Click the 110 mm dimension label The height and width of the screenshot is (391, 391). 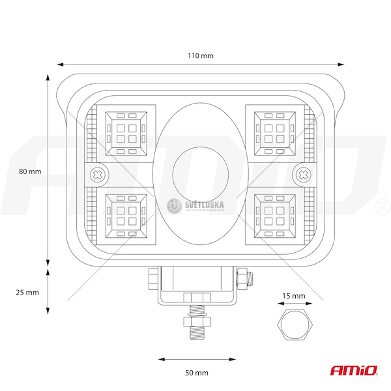tap(201, 55)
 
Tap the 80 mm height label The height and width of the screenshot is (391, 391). tap(30, 171)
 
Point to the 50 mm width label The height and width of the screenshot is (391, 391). tap(196, 373)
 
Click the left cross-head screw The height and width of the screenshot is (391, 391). tap(97, 175)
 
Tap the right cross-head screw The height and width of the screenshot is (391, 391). tap(303, 175)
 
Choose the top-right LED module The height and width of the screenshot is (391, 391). tap(274, 132)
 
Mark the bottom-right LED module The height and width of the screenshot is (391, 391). tap(274, 215)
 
